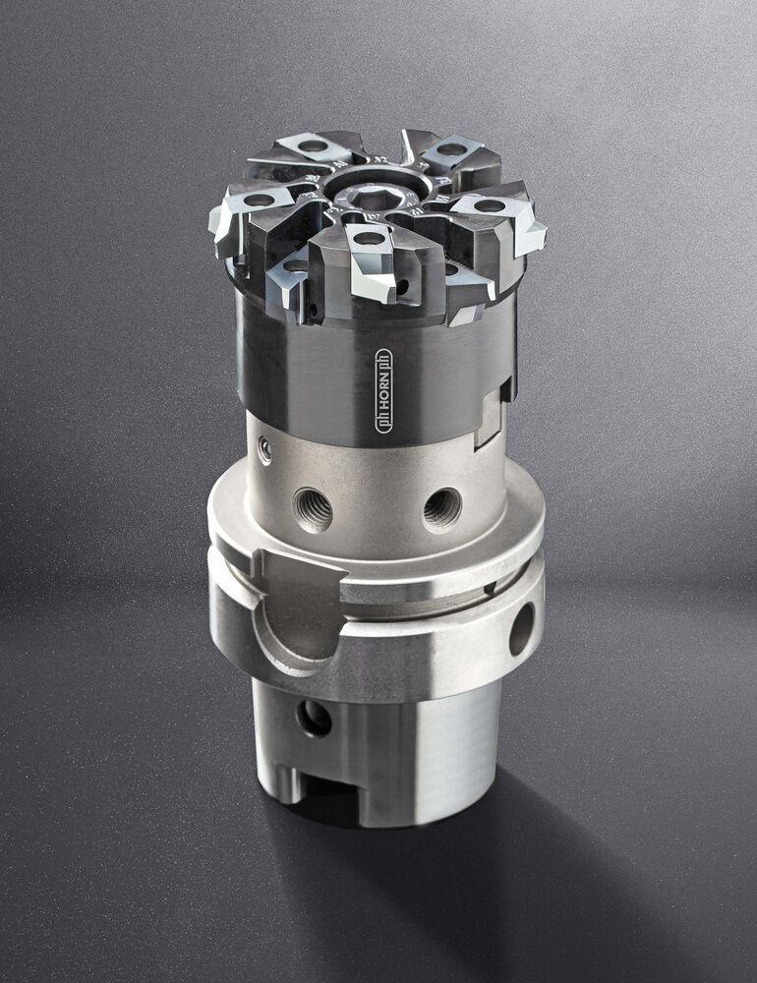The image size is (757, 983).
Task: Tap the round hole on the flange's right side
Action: [521, 629]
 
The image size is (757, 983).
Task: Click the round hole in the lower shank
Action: [315, 719]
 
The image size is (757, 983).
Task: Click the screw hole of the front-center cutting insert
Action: [370, 238]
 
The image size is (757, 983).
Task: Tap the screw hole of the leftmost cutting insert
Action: [259, 200]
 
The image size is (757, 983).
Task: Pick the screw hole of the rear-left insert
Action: [312, 146]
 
